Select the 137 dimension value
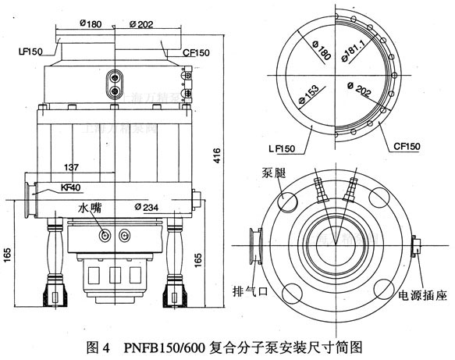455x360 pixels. tap(73, 167)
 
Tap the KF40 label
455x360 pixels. tap(73, 188)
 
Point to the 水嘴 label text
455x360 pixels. tap(91, 209)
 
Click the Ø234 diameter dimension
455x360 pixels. tap(148, 206)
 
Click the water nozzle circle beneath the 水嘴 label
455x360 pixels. tap(102, 235)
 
